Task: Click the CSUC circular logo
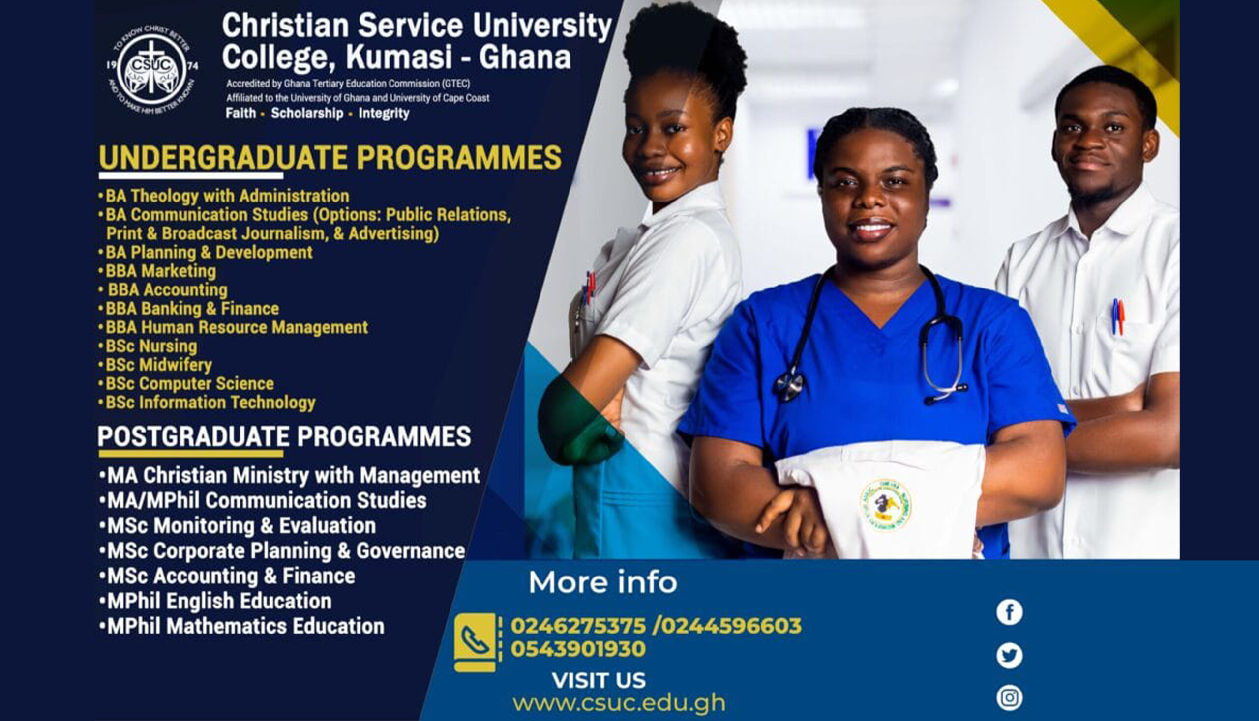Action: tap(152, 69)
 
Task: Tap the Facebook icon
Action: tap(1009, 612)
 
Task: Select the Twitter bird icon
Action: tap(1009, 656)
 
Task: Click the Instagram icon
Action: tap(1009, 698)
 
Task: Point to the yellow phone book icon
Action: tap(475, 642)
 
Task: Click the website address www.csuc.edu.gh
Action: tap(619, 703)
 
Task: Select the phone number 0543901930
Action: tap(578, 649)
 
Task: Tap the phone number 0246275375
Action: tap(578, 626)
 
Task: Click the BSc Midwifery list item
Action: tap(158, 365)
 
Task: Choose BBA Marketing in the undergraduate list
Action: tap(160, 271)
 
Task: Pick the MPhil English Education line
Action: tap(219, 601)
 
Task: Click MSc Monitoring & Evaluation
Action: tap(242, 526)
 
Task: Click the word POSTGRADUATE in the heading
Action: tap(193, 437)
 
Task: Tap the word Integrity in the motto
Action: tap(384, 114)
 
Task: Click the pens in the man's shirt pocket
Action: tap(1118, 317)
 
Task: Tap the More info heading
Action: tap(602, 582)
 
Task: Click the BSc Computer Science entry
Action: tap(190, 384)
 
